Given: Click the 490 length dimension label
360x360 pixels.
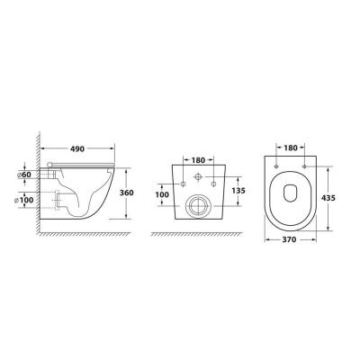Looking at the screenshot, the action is (x=77, y=148).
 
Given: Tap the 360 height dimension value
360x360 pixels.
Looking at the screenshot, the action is (x=126, y=193).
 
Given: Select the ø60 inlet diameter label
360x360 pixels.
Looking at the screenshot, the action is (x=23, y=175).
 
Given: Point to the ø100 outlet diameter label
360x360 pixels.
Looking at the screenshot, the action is (x=24, y=200).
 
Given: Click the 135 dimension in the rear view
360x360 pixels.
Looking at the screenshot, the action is (x=238, y=191).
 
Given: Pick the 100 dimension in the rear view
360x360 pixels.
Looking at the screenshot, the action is (x=162, y=194).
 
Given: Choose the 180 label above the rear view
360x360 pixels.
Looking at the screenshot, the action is (x=198, y=160).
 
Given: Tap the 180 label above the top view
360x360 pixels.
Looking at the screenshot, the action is (x=291, y=148).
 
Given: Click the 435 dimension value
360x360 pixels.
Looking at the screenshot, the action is (x=328, y=198).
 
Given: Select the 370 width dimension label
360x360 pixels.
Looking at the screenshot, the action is (x=289, y=239).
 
